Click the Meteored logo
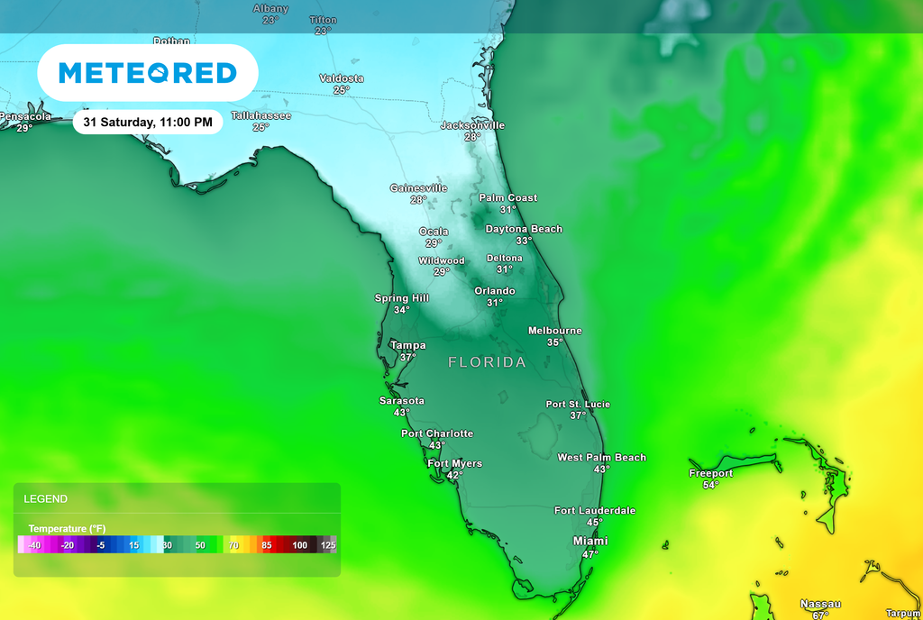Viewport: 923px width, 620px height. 148,73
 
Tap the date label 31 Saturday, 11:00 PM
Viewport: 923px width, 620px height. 148,122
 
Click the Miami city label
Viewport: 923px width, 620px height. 590,541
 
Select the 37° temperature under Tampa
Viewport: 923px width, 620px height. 408,358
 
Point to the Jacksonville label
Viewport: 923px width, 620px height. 472,125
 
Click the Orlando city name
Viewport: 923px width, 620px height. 495,291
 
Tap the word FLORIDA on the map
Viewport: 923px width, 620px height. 488,362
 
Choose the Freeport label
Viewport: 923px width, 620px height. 710,473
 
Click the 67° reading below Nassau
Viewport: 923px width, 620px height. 820,615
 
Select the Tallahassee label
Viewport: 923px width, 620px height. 260,115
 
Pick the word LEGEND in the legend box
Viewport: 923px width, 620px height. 46,498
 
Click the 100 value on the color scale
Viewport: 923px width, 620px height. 299,545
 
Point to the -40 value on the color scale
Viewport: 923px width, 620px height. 34,545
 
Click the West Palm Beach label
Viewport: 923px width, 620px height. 601,458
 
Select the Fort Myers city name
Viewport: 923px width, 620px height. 454,463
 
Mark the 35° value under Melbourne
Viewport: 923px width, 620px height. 554,342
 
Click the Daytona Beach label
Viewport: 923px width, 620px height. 524,229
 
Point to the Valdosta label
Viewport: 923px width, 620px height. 342,78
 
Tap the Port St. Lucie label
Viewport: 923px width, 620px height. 578,405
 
